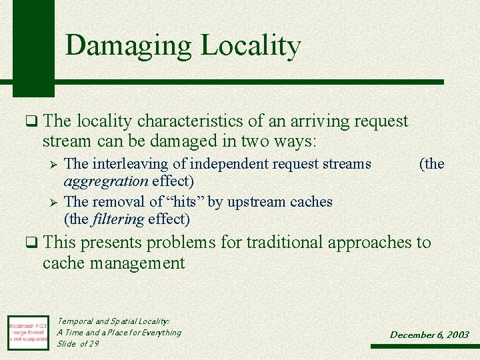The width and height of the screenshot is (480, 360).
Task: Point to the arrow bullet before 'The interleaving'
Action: [55, 164]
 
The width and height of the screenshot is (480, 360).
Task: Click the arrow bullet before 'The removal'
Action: [55, 202]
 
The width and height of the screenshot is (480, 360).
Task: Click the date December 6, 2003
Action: [429, 335]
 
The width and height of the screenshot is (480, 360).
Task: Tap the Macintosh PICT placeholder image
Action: [28, 331]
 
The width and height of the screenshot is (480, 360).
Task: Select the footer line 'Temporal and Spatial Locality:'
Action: [113, 321]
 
